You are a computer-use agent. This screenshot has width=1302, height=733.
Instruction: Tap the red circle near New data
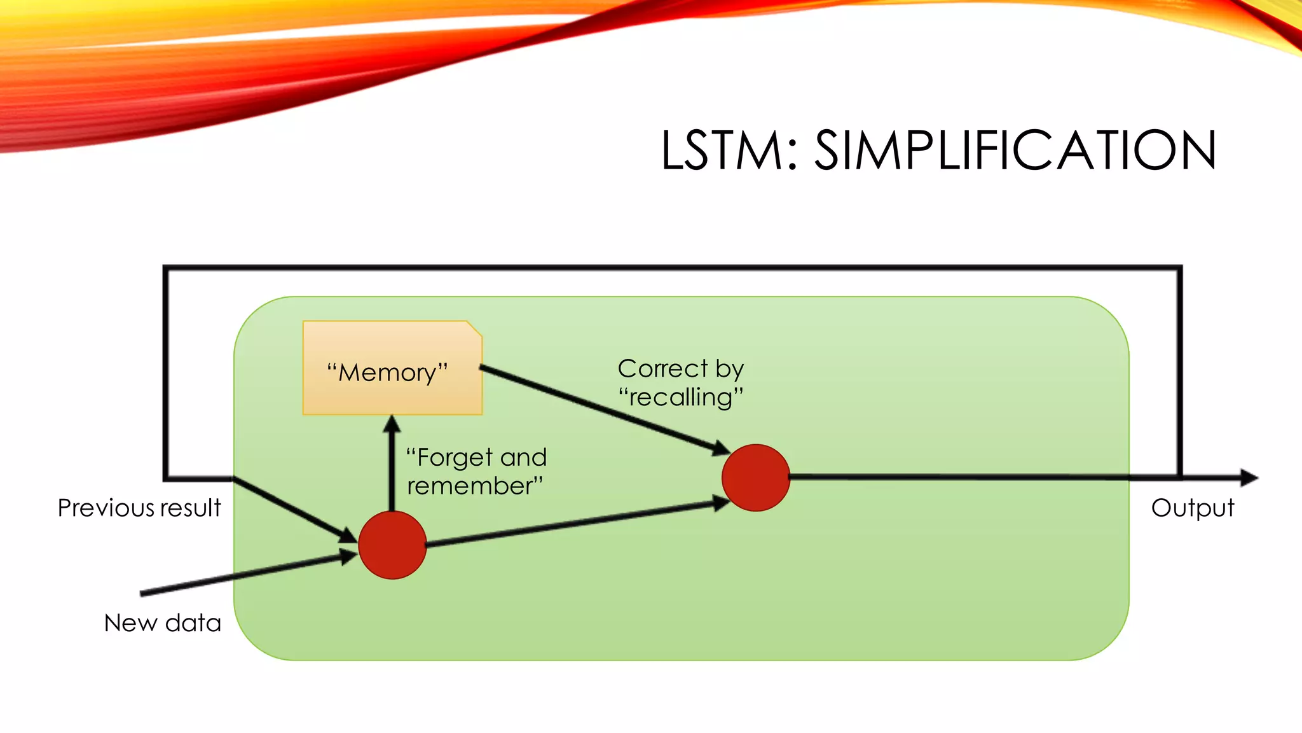[392, 545]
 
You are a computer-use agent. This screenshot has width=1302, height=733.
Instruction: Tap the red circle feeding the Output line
[756, 477]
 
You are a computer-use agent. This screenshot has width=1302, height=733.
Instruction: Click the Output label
[1192, 508]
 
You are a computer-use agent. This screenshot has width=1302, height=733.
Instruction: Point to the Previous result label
[139, 508]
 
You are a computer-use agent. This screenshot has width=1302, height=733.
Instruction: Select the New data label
[163, 622]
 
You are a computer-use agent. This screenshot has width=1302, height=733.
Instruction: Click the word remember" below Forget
[476, 486]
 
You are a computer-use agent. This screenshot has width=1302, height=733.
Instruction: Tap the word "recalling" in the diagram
[681, 398]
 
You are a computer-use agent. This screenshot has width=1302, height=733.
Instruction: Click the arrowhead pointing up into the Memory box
[392, 424]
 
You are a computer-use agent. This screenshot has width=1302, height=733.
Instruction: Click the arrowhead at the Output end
[1249, 477]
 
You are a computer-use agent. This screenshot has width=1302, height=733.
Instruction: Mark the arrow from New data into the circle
[248, 574]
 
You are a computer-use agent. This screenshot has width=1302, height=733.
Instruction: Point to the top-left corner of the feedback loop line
[166, 269]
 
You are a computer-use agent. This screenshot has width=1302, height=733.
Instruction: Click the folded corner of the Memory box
[474, 328]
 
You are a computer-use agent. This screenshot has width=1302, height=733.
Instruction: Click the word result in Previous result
[190, 508]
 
